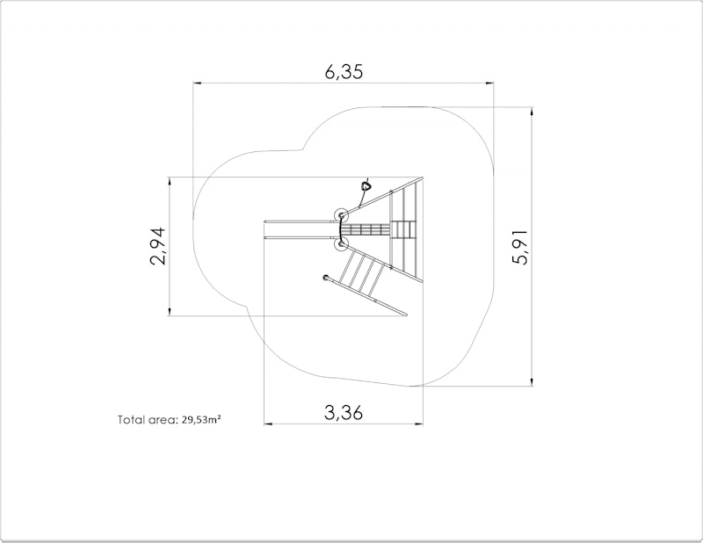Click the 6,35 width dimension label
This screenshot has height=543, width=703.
[x=344, y=72]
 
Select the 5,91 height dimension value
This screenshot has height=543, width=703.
[x=521, y=247]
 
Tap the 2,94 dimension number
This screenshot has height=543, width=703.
[x=158, y=246]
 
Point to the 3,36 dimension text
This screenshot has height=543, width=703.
[x=344, y=412]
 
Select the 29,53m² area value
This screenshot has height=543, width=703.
[x=201, y=420]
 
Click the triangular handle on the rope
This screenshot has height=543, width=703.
[x=366, y=185]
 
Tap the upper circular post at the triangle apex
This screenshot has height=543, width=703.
[x=341, y=215]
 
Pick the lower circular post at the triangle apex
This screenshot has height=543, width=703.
[x=342, y=244]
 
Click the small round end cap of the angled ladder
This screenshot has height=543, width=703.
[x=325, y=278]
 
